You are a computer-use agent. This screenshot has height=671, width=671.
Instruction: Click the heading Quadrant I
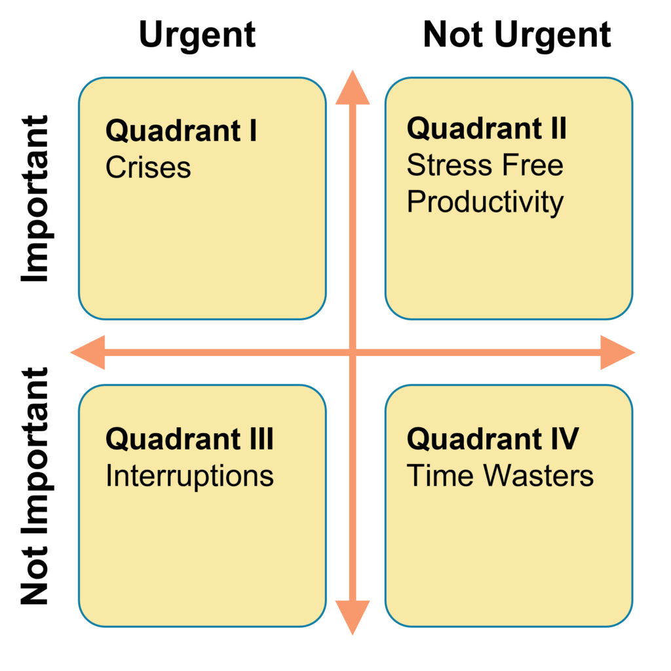(x=181, y=131)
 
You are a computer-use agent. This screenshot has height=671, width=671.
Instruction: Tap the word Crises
(x=148, y=168)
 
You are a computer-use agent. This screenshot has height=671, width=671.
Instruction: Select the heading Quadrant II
(x=486, y=128)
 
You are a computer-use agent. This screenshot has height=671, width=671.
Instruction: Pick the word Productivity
(x=485, y=202)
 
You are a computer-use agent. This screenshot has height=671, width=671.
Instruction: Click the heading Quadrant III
(x=189, y=439)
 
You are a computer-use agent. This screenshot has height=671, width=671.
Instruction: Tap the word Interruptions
(x=189, y=476)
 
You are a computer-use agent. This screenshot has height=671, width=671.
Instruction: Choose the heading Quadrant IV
(x=493, y=438)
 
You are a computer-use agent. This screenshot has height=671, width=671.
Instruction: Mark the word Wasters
(x=539, y=476)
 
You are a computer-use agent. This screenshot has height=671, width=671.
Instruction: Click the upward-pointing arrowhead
(x=353, y=88)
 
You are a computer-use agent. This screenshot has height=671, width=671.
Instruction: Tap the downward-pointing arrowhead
(x=353, y=616)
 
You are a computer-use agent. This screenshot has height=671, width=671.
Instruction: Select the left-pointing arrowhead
(x=88, y=353)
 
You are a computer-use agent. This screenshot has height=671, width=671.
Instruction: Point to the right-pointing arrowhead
(x=617, y=353)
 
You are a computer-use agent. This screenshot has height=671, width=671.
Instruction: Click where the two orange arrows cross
(x=353, y=353)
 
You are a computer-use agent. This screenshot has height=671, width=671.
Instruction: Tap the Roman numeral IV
(x=564, y=438)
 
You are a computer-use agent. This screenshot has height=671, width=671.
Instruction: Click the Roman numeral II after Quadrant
(x=558, y=128)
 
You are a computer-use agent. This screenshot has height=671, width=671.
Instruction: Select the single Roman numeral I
(x=252, y=131)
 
